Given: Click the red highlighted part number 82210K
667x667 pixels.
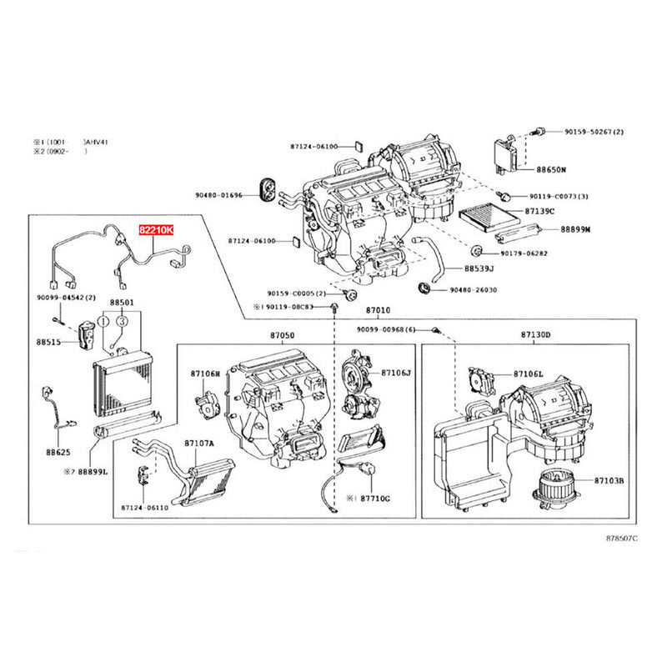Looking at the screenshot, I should (x=156, y=228).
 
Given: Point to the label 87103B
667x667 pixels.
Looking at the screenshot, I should (x=614, y=481).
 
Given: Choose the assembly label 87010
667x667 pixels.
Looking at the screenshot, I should (x=380, y=310).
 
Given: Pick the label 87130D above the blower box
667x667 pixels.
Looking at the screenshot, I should (x=536, y=334).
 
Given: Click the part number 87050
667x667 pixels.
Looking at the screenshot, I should (x=282, y=334).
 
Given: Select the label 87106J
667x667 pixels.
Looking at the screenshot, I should (x=398, y=373).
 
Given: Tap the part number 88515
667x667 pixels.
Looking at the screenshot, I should (x=49, y=343).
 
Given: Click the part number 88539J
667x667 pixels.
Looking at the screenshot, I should (x=479, y=268).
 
